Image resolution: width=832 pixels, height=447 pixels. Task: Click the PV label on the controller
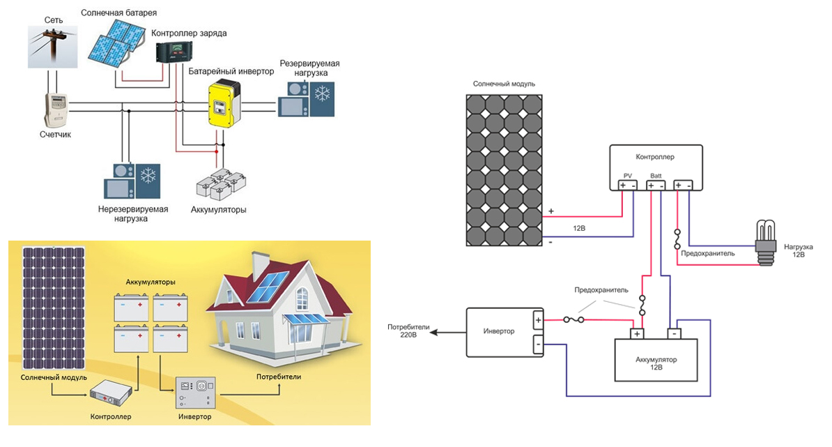pyautogui.click(x=627, y=176)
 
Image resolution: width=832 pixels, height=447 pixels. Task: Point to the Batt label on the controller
pyautogui.click(x=656, y=176)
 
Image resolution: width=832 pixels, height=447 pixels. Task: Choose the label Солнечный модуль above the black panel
pyautogui.click(x=504, y=84)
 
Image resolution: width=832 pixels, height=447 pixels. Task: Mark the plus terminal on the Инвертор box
pyautogui.click(x=537, y=321)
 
